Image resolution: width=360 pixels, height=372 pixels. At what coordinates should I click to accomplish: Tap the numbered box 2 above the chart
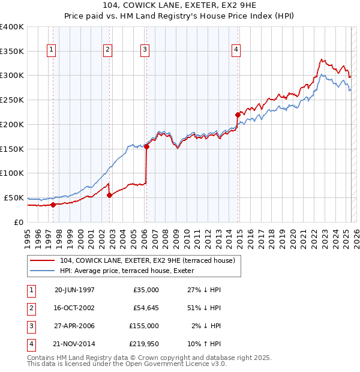[107, 50]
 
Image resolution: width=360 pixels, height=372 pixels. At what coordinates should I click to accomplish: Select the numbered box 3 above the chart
[145, 50]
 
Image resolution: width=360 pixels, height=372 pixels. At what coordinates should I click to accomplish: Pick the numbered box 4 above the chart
[236, 50]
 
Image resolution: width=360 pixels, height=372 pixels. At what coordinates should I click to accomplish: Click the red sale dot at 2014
[238, 114]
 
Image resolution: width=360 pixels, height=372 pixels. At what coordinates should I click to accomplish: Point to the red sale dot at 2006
[146, 146]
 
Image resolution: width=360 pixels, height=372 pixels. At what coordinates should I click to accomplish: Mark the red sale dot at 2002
[109, 195]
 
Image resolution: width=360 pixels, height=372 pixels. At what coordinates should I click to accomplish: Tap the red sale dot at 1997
[53, 205]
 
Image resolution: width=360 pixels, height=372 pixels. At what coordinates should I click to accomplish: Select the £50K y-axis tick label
[14, 197]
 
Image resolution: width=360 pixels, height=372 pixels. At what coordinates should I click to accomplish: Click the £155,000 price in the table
[144, 327]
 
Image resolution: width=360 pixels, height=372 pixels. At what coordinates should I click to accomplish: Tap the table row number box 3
[30, 327]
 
